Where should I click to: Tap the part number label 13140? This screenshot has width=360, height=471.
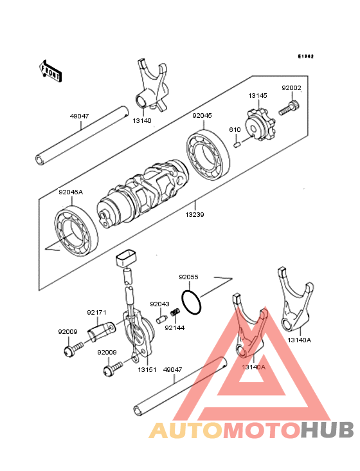pos(142,120)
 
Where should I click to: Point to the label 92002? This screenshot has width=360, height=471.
pos(291,88)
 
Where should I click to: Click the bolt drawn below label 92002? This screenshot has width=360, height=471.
pos(289,107)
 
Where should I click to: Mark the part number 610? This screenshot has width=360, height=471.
pos(236,130)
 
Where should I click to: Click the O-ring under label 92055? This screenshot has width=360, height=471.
pos(191,300)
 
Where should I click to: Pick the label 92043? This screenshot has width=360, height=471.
pos(159,304)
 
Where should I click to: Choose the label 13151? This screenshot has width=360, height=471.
pos(147,369)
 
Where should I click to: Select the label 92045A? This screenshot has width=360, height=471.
pos(71,191)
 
